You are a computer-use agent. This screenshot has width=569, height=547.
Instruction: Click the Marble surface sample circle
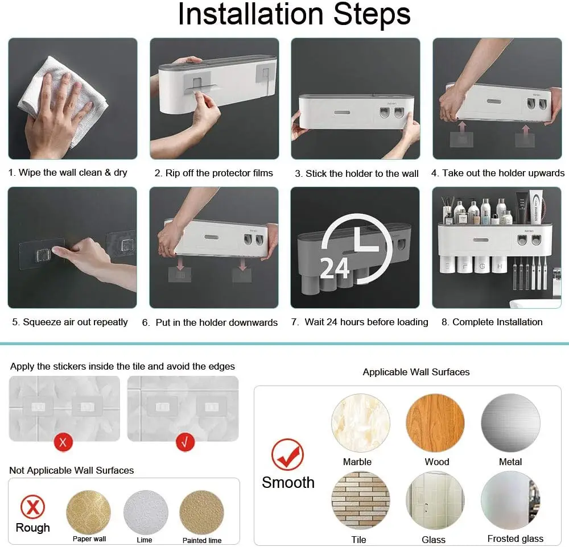pos(361,423)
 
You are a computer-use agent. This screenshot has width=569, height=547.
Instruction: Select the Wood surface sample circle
pos(435,423)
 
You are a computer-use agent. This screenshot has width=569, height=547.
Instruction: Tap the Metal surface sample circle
pos(510,423)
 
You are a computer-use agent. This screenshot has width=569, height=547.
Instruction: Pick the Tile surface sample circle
pos(361,500)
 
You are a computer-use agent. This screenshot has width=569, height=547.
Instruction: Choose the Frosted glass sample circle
pos(510,500)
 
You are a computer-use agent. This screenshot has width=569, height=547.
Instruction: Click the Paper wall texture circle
pos(89,512)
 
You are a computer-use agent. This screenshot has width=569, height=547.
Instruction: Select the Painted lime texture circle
pos(202,512)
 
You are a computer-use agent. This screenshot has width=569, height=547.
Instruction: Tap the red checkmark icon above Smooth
pos(288,454)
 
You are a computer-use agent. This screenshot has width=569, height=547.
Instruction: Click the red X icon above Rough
pos(32,507)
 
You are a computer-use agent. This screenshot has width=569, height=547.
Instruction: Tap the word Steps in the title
pos(372,15)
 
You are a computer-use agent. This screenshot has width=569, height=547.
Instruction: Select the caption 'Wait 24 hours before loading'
pos(366,322)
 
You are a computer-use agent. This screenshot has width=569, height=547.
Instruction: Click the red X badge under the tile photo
pos(63,442)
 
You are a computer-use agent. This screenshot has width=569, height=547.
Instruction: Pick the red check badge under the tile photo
pos(185,442)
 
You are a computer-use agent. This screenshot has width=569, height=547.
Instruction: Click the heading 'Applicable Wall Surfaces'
pos(416,372)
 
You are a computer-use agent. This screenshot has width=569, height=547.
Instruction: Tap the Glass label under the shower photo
pos(433,540)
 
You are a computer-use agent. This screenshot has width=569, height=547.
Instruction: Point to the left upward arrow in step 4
pos(462,128)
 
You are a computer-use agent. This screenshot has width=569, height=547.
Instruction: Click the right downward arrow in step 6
pos(243,263)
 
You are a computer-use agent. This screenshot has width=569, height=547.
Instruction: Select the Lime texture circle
pos(146,512)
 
